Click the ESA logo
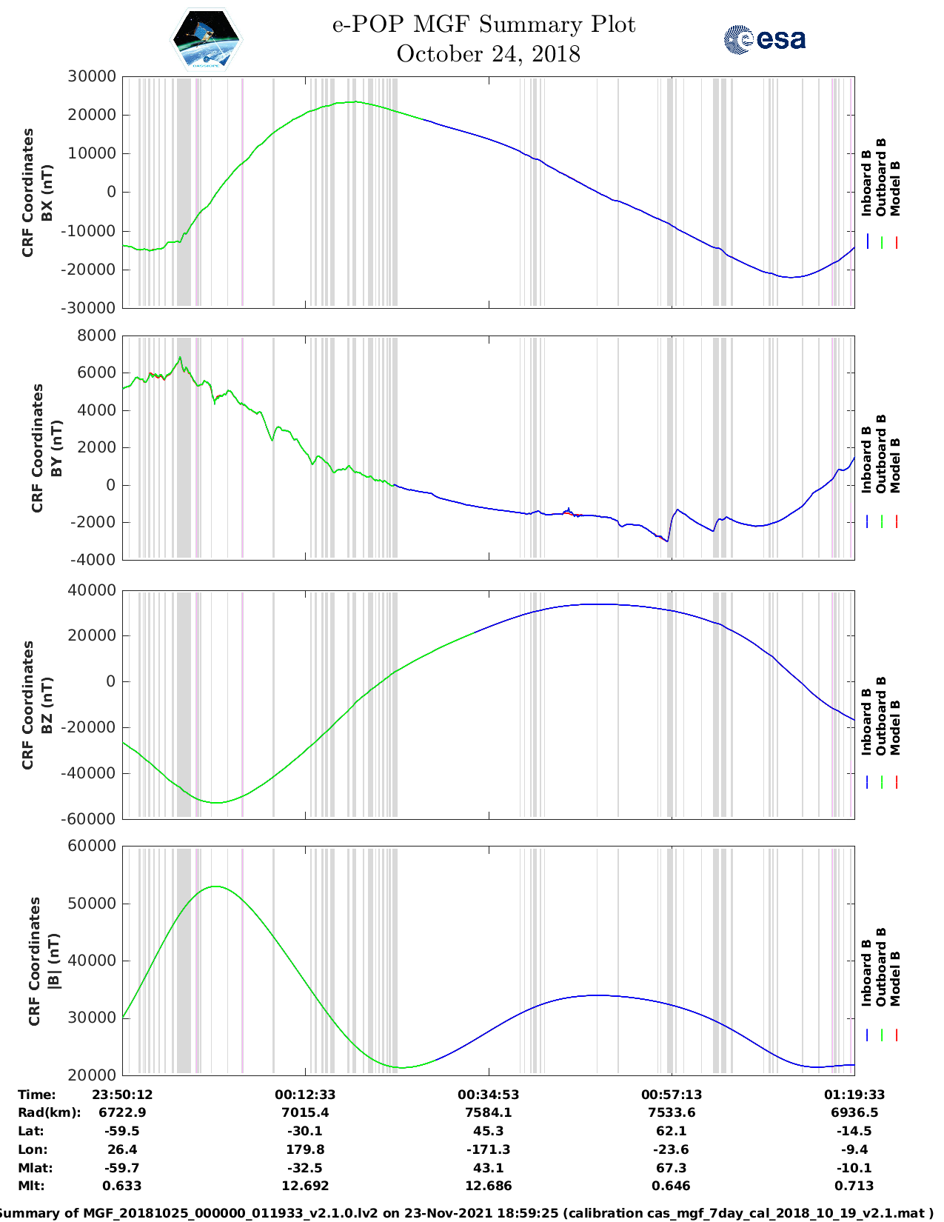(764, 39)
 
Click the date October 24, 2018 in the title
(488, 54)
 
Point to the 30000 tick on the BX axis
(91, 76)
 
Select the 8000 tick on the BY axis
(97, 335)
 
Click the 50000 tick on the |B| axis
(91, 904)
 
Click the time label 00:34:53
(488, 1095)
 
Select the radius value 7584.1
(488, 1112)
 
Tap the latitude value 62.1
(671, 1131)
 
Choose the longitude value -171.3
(488, 1149)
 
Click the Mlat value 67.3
(671, 1168)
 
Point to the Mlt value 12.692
(305, 1186)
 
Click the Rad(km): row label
(49, 1112)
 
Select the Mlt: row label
(31, 1186)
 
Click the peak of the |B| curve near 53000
(215, 887)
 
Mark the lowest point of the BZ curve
(215, 803)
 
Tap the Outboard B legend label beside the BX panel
(881, 178)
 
